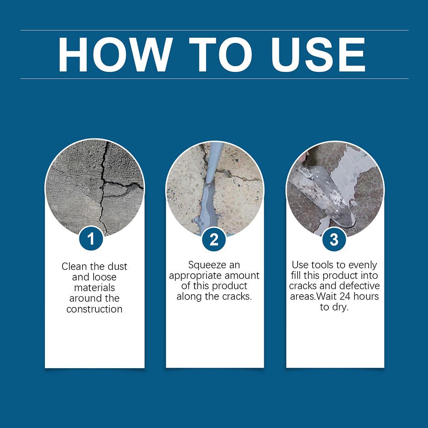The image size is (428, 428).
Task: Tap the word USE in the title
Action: click(x=318, y=55)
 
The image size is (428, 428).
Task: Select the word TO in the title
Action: click(x=221, y=55)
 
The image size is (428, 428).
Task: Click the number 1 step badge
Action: click(x=91, y=239)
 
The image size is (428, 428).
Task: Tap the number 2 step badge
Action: click(x=214, y=239)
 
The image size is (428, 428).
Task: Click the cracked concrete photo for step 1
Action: click(x=95, y=188)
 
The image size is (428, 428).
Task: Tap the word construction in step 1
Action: click(x=94, y=309)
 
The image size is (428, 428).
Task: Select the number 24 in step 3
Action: click(x=345, y=296)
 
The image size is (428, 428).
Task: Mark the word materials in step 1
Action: click(x=94, y=288)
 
